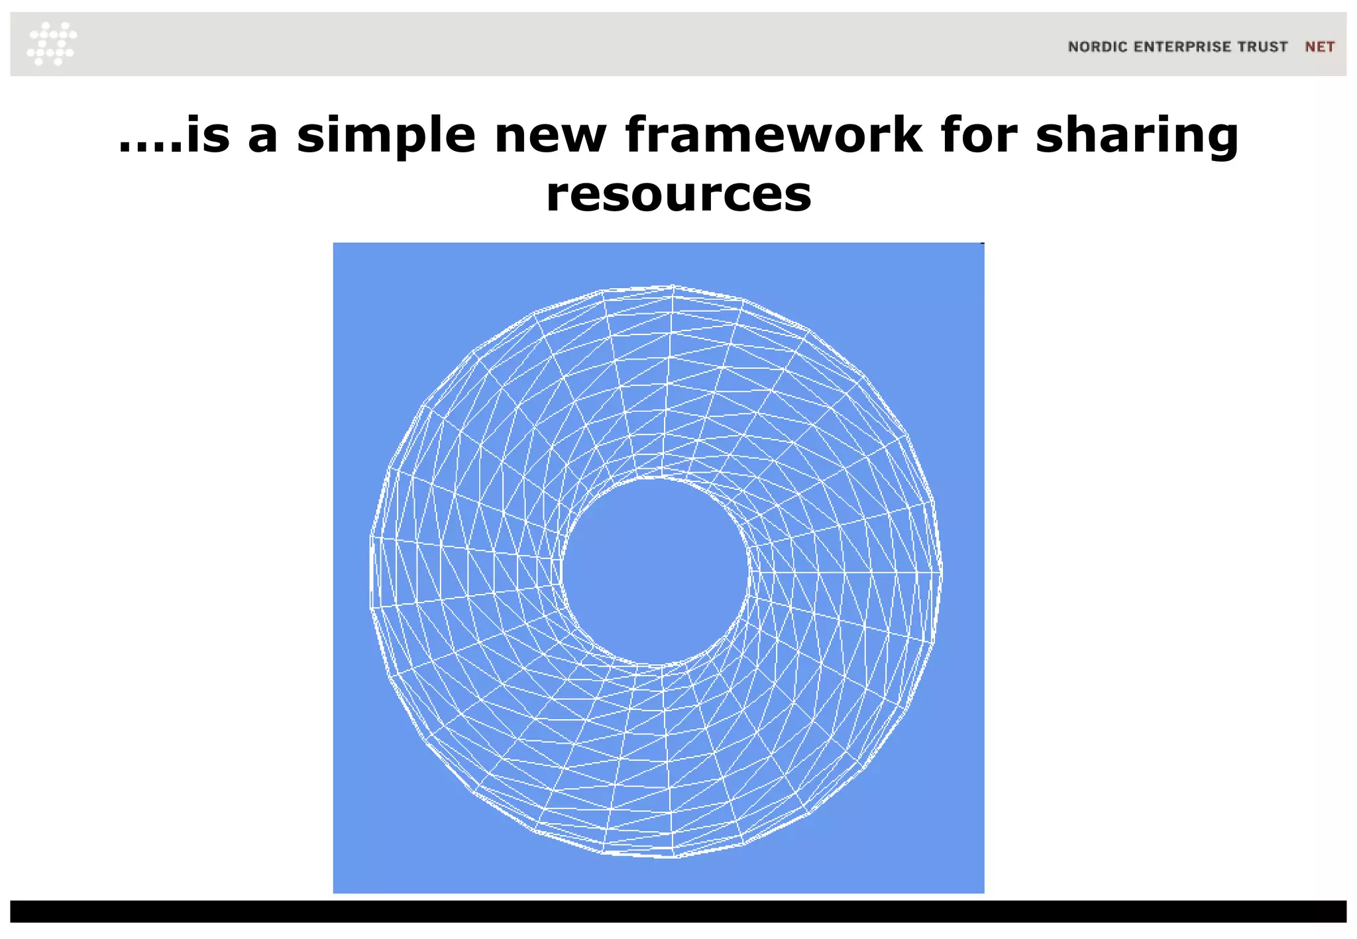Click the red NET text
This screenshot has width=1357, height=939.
[x=1319, y=47]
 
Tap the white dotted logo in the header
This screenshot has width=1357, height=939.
[x=52, y=44]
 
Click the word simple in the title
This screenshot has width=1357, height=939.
[x=386, y=136]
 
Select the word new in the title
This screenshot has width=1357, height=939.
[x=550, y=136]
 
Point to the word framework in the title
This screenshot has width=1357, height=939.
[x=773, y=136]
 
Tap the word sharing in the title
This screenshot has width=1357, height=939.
[x=1136, y=136]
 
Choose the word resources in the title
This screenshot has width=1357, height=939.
[x=678, y=195]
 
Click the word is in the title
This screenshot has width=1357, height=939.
[x=208, y=136]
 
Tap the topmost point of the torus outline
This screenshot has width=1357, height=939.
[x=672, y=286]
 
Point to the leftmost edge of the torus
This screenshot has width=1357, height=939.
[x=370, y=571]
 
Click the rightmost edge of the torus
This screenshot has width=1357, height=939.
[x=942, y=571]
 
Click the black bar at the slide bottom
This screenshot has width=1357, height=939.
[x=678, y=911]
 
